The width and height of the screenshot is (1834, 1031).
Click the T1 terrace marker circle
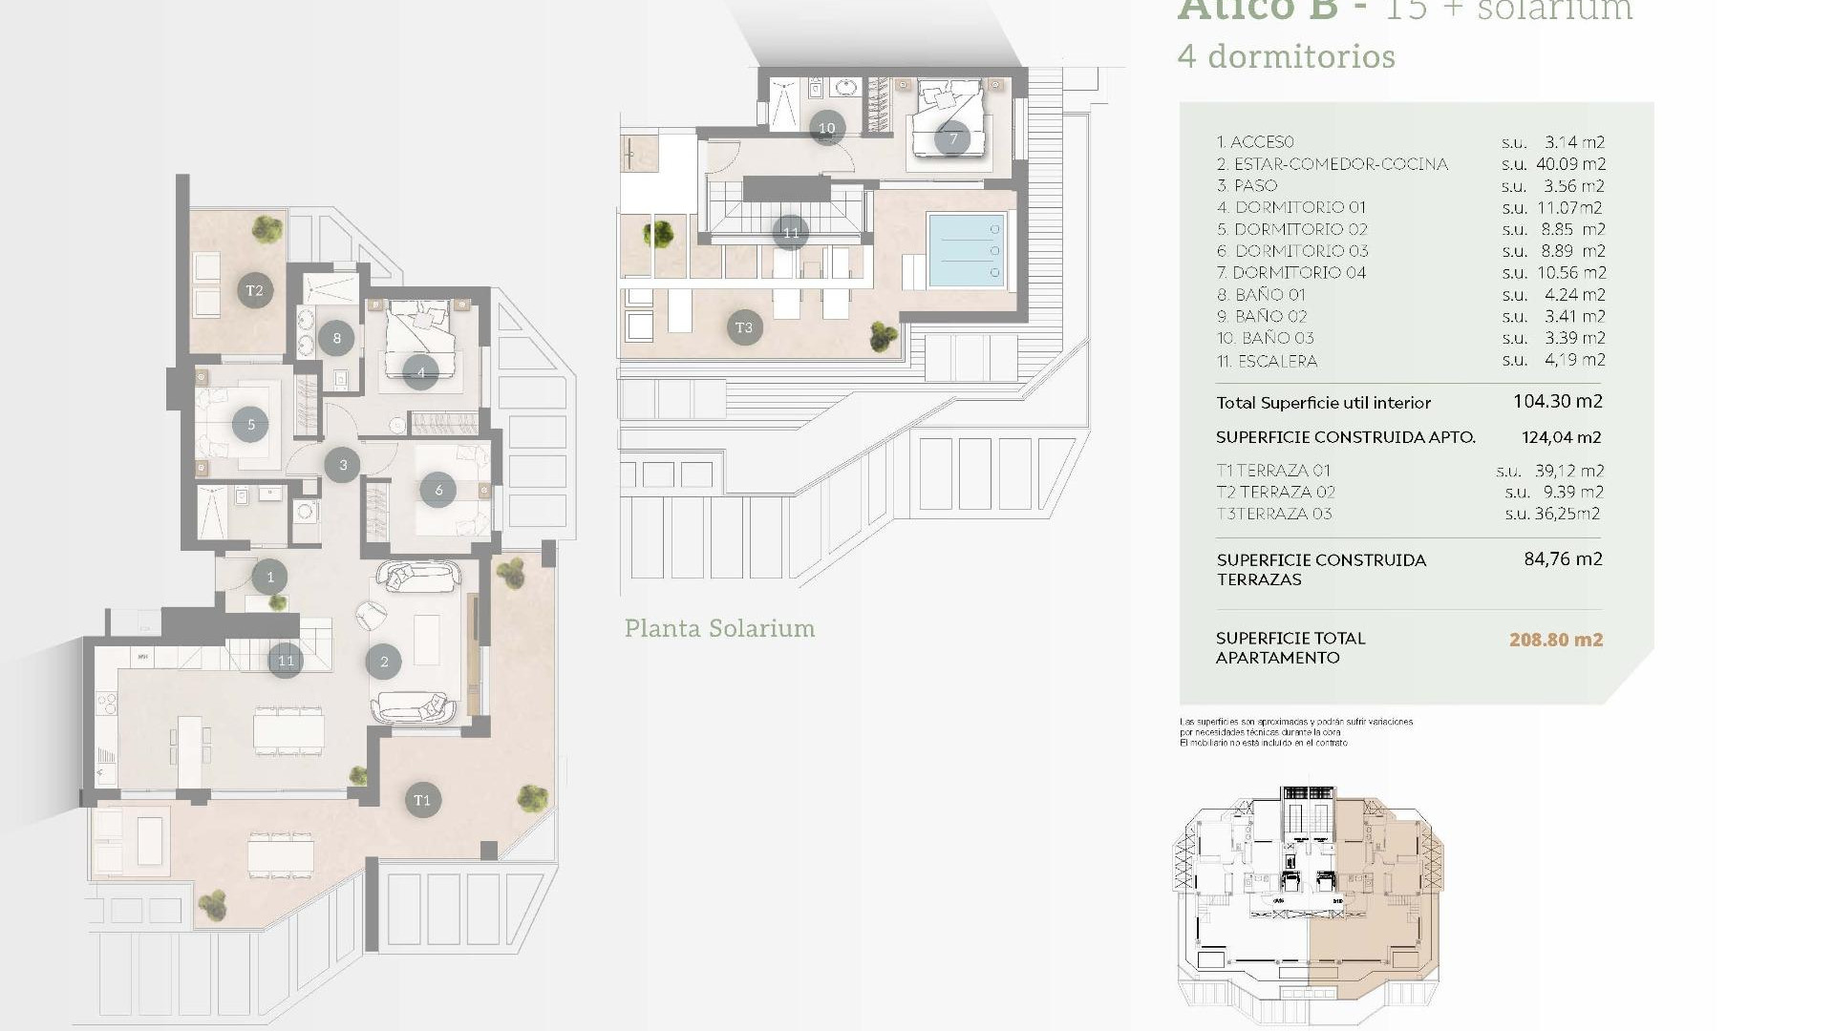coord(422,800)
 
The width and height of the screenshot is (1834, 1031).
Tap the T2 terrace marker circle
coord(254,290)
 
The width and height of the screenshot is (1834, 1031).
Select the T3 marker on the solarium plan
coord(744,327)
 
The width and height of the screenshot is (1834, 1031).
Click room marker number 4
coord(420,372)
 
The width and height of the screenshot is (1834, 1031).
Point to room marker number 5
coord(251,425)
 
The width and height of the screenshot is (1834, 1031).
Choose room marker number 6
coord(438,490)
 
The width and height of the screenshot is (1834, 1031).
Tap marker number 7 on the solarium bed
coord(952,138)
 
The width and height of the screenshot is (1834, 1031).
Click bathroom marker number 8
coord(336,337)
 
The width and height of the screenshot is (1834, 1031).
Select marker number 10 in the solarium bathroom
coord(826,128)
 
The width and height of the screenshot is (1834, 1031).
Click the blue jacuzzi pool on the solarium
coord(966,250)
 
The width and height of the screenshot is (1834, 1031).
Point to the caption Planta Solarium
coord(719,628)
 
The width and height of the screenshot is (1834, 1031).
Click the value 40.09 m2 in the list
coord(1570,164)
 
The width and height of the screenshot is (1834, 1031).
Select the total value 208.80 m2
coord(1555,640)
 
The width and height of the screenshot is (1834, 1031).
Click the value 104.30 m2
coord(1557,402)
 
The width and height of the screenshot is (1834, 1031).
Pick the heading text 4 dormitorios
coord(1286,56)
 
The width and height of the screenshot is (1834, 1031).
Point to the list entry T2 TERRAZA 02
coord(1275,492)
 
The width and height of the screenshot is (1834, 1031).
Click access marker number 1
coord(270,577)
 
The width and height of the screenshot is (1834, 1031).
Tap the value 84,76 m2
coord(1563,559)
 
